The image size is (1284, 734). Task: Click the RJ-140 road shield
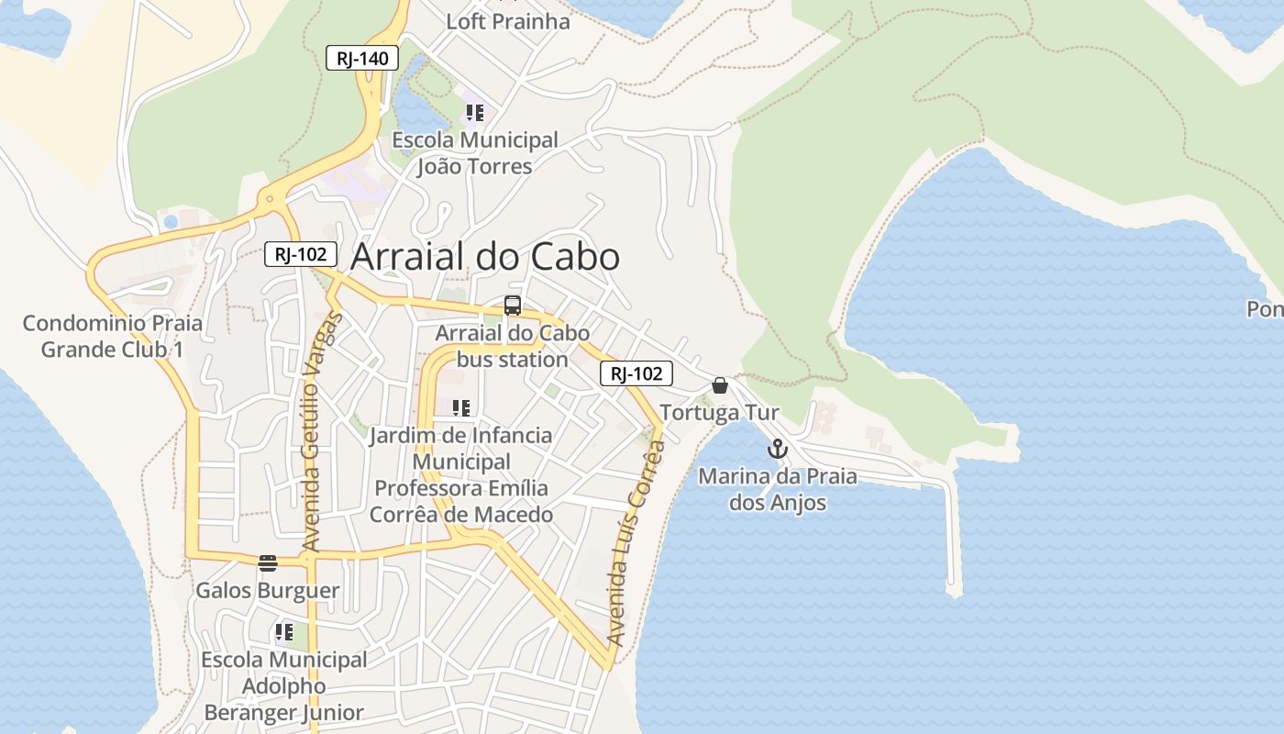tap(363, 59)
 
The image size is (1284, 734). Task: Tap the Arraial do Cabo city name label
tap(485, 257)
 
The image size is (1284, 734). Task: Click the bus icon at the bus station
tap(513, 306)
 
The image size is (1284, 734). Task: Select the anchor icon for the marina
tap(778, 450)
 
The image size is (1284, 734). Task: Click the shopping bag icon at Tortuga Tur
tap(720, 385)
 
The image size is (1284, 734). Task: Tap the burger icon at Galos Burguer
tap(268, 562)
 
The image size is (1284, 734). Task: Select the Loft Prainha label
tap(508, 21)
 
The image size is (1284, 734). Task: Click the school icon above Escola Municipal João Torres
tap(474, 113)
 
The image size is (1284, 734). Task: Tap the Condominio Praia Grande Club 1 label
tap(113, 336)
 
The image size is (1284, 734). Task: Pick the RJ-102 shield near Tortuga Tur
tap(636, 373)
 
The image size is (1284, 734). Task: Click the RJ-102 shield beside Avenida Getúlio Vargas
tap(301, 254)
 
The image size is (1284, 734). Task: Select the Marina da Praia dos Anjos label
tap(778, 489)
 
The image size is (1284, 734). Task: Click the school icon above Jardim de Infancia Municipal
tap(461, 408)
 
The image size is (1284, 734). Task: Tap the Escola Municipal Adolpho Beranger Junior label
tap(284, 685)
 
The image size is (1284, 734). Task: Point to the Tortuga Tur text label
tap(720, 412)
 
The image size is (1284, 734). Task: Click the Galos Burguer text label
tap(268, 590)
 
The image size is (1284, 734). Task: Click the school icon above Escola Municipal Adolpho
tap(284, 631)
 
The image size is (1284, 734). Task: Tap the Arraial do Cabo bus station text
tap(513, 346)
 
